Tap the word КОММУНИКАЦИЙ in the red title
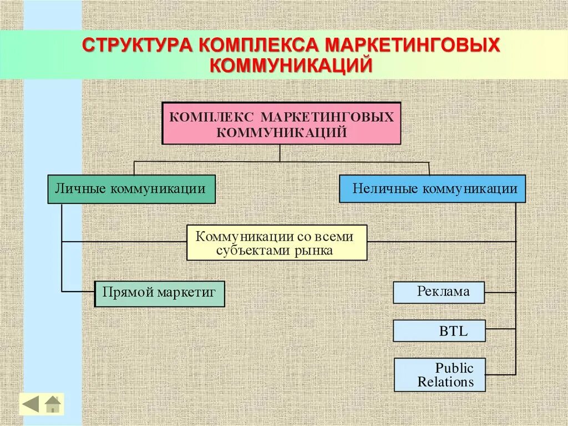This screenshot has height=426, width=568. tap(291, 66)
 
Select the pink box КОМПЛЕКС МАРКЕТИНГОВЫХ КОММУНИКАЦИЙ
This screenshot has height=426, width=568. tap(281, 123)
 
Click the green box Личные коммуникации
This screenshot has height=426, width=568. tap(131, 189)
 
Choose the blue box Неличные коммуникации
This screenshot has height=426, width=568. tap(432, 189)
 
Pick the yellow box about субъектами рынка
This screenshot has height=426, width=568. tap(277, 243)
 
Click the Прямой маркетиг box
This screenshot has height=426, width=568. tap(160, 293)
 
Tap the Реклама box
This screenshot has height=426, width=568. tap(439, 292)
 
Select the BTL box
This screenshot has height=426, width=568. tap(439, 331)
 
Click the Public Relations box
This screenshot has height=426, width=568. tap(440, 375)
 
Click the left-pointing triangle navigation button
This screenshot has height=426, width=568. tap(31, 404)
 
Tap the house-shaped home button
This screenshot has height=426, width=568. tap(53, 404)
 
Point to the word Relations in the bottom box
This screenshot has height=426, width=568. tap(446, 382)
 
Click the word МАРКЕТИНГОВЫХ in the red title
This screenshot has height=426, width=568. tap(413, 46)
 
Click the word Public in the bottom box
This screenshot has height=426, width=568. tap(454, 368)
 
